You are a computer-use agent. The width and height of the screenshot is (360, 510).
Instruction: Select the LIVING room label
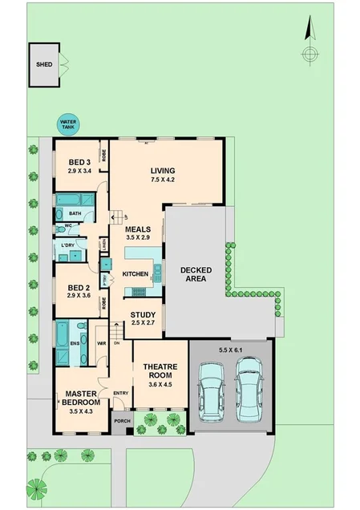click(163, 170)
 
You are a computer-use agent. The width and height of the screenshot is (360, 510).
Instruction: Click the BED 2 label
click(79, 287)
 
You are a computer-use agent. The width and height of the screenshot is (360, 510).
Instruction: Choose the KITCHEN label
click(136, 275)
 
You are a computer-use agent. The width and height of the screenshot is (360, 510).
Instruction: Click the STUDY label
click(144, 314)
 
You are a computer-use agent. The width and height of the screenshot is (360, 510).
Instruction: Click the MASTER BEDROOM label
click(82, 397)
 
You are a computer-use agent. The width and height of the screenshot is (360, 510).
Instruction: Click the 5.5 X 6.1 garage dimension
click(231, 350)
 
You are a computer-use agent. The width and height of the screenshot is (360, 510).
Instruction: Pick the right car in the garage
click(249, 390)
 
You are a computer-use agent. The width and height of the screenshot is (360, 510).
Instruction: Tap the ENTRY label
click(121, 392)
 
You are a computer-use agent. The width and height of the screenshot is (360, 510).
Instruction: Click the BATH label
click(75, 213)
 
